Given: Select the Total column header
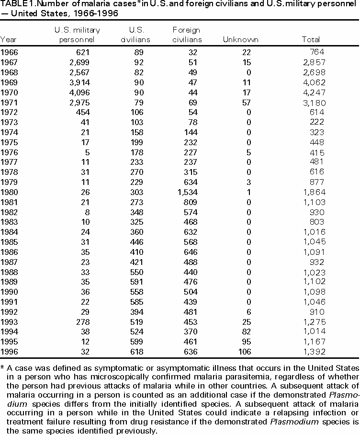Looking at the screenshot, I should [311, 40].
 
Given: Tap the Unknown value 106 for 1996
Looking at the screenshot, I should [251, 352].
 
